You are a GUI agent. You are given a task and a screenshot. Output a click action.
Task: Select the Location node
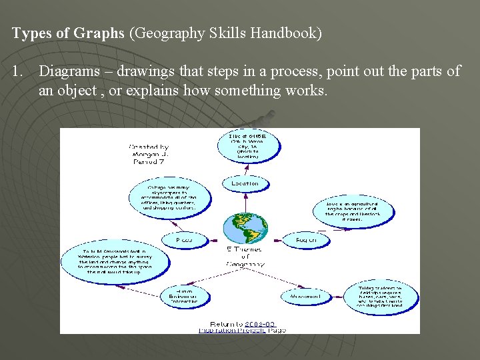point(245,183)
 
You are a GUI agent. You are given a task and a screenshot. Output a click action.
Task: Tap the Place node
point(183,239)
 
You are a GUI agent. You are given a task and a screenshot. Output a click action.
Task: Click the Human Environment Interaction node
point(183,297)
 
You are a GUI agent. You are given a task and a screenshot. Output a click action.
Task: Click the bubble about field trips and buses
point(380,297)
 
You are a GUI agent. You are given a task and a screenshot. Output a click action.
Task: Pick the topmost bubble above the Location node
point(246,146)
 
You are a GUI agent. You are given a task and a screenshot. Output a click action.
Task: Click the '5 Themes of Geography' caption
point(245,256)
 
